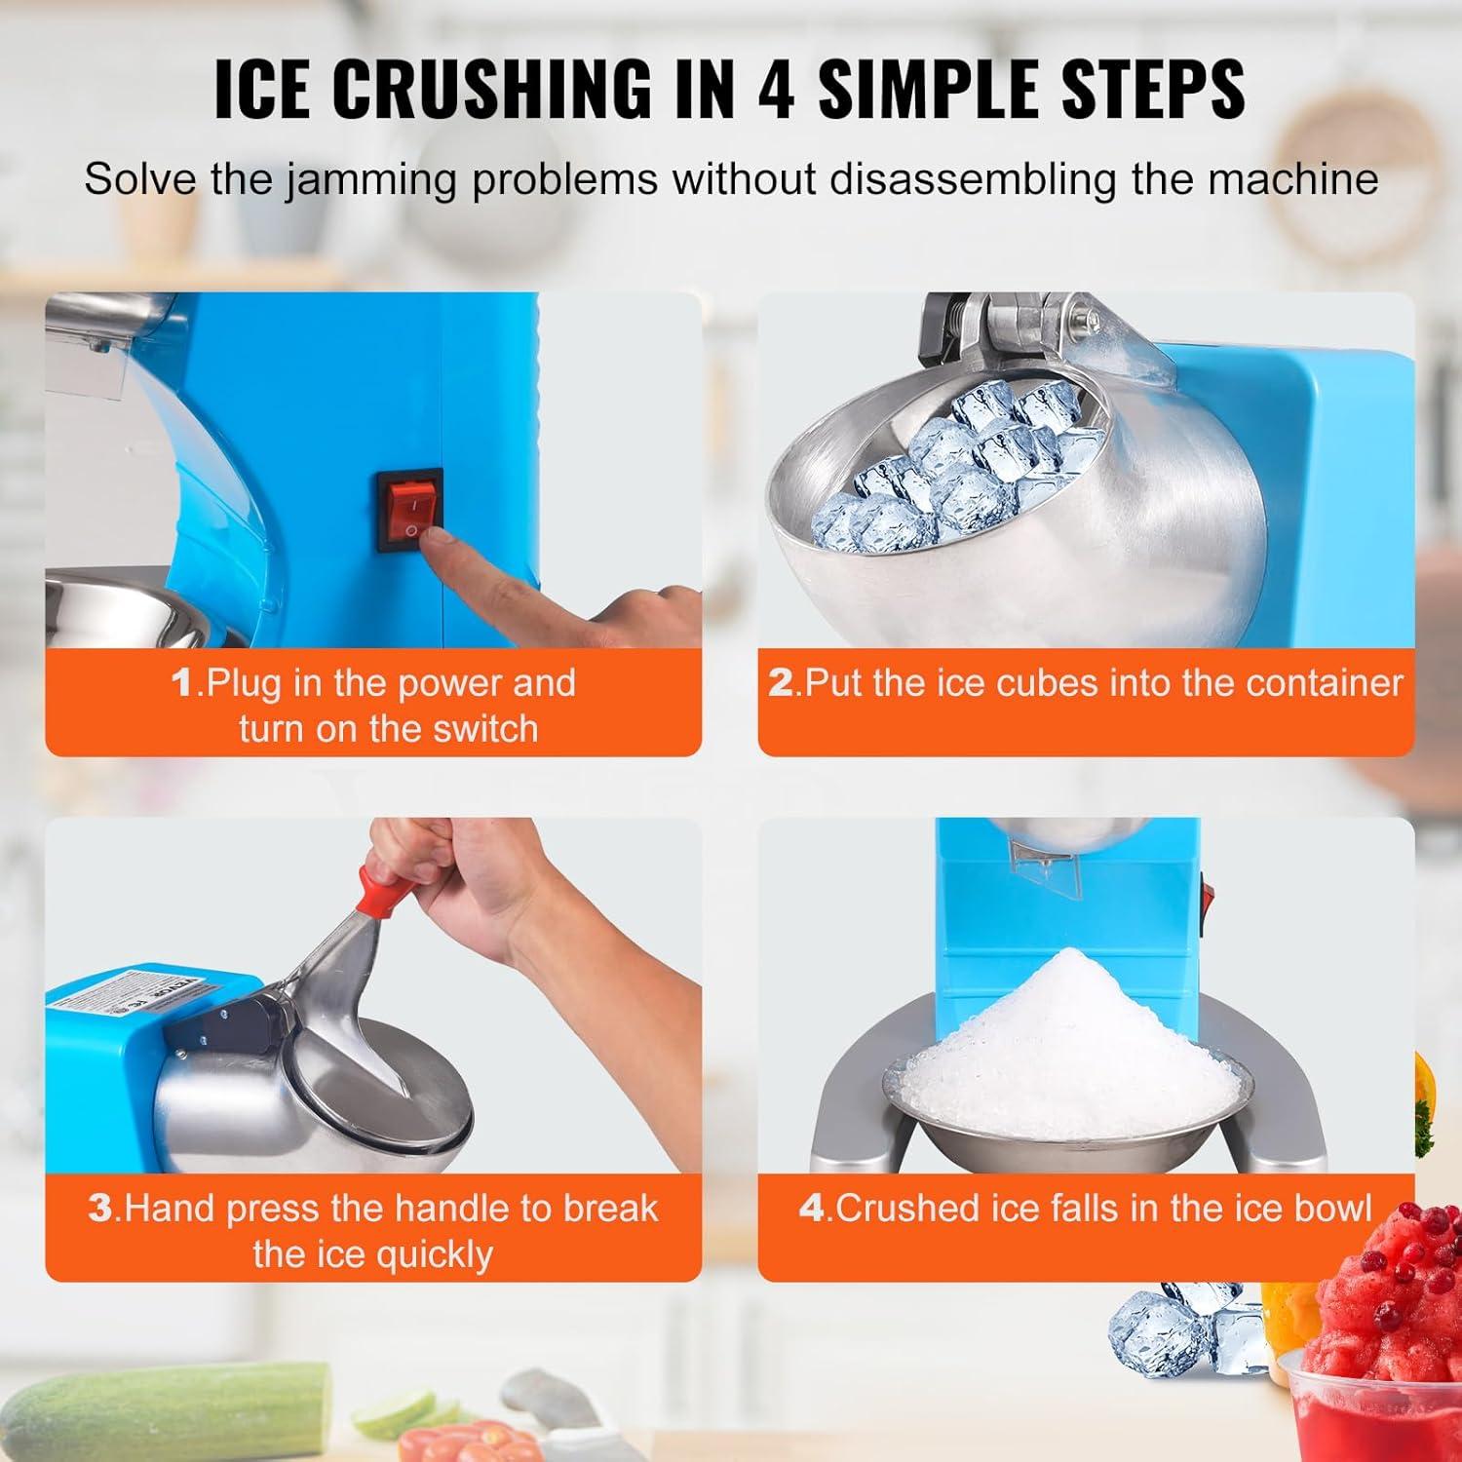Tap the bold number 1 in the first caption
click(x=182, y=683)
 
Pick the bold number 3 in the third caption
click(x=100, y=1209)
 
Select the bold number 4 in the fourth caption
click(x=812, y=1209)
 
